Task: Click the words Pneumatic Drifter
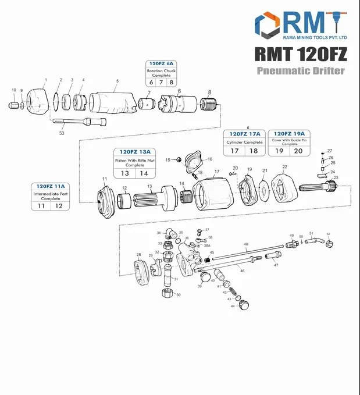coord(301,71)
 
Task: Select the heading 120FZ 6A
coord(161,63)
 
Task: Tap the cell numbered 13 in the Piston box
coord(125,173)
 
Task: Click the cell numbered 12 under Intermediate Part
coord(59,206)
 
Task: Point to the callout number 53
coord(62,133)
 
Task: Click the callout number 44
coord(232,306)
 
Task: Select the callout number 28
coord(138,255)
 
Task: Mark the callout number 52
coord(328,234)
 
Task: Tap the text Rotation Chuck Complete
coord(161,73)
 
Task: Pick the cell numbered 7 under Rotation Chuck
coord(161,82)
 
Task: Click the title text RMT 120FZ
coord(300,54)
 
